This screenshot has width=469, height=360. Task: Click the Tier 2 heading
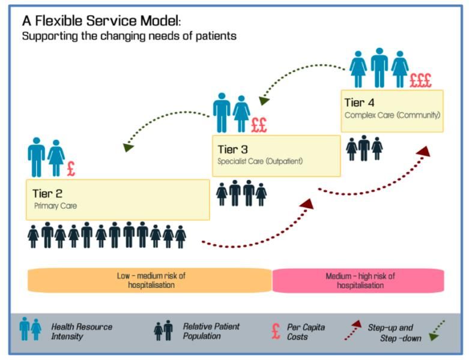click(x=47, y=194)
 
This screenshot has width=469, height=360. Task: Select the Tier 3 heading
click(x=233, y=149)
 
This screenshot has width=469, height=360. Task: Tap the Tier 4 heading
click(x=359, y=103)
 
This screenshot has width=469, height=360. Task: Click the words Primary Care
click(x=56, y=206)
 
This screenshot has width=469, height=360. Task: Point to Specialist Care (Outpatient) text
click(x=260, y=161)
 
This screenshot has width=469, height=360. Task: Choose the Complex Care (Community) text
click(x=392, y=115)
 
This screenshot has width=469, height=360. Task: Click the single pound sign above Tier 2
click(x=71, y=169)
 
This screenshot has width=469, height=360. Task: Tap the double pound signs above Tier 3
click(x=259, y=125)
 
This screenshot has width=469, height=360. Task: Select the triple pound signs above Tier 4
click(x=420, y=80)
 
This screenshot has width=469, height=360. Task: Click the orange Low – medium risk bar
click(x=150, y=280)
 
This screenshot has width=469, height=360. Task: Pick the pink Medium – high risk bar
click(x=359, y=281)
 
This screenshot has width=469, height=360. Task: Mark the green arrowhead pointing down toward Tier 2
click(x=128, y=147)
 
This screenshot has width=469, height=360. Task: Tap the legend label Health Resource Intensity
click(x=82, y=332)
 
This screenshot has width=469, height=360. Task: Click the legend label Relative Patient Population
click(x=211, y=331)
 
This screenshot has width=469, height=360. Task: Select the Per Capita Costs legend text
click(x=306, y=332)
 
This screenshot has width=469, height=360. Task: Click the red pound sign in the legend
click(x=276, y=331)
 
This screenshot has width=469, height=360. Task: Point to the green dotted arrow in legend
click(x=437, y=331)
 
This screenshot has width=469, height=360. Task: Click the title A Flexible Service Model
click(x=101, y=21)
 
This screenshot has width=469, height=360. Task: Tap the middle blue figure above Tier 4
click(x=380, y=68)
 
